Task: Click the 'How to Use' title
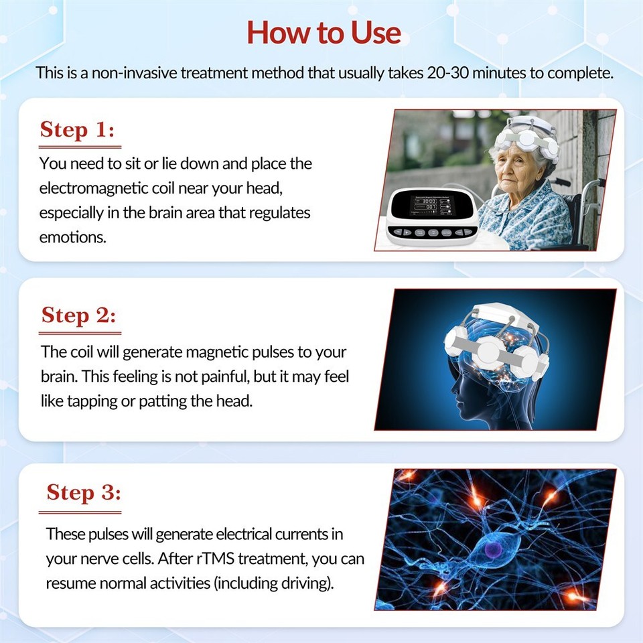pos(324,32)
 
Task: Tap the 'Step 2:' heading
pos(79,315)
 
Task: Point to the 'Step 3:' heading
pos(84,493)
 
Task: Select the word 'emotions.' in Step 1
pos(72,238)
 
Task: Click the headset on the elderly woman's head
pos(529,137)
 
